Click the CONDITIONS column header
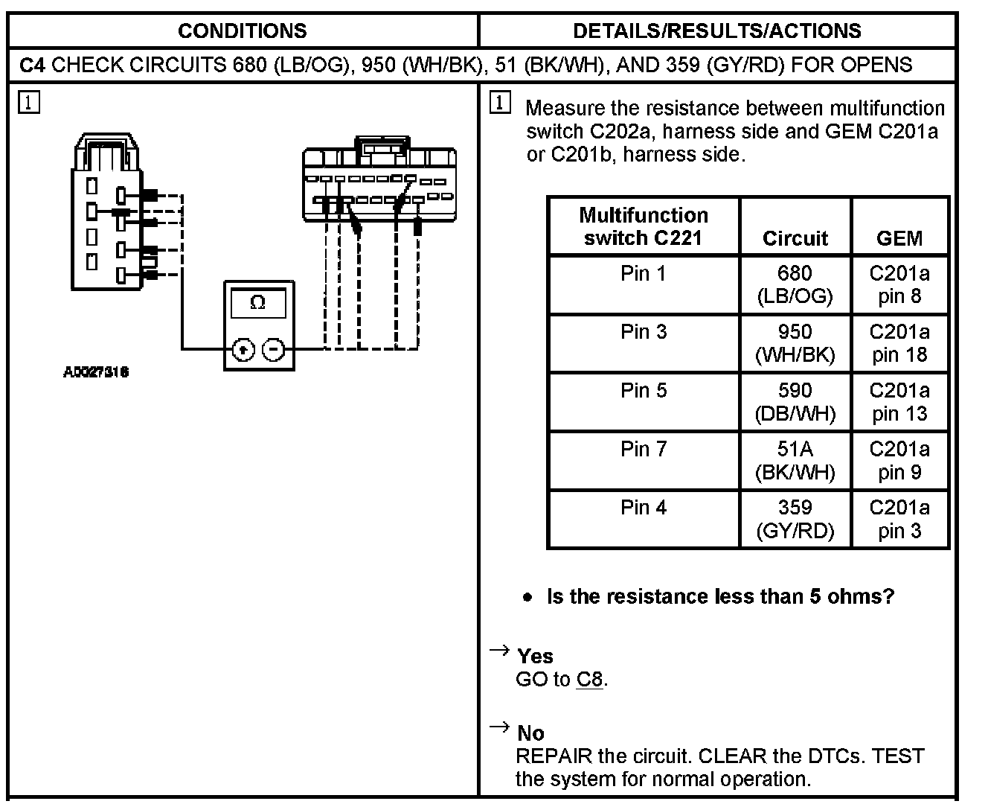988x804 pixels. pyautogui.click(x=242, y=31)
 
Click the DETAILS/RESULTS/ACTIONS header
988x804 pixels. pyautogui.click(x=717, y=31)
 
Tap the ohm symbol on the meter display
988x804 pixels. pyautogui.click(x=258, y=303)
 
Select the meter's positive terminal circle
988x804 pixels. pyautogui.click(x=244, y=349)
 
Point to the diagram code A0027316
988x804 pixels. pyautogui.click(x=95, y=372)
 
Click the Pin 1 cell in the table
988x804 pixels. pyautogui.click(x=644, y=274)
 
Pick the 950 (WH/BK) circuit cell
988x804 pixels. pyautogui.click(x=795, y=343)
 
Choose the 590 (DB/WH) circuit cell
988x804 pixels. pyautogui.click(x=795, y=402)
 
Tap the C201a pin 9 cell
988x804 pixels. pyautogui.click(x=899, y=461)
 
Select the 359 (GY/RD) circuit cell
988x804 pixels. pyautogui.click(x=795, y=519)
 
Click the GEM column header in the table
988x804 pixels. pyautogui.click(x=899, y=238)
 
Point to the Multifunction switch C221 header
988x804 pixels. pyautogui.click(x=644, y=226)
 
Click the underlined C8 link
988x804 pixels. pyautogui.click(x=589, y=680)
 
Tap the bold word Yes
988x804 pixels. pyautogui.click(x=535, y=656)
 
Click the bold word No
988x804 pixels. pyautogui.click(x=530, y=733)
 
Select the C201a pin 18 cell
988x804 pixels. pyautogui.click(x=899, y=343)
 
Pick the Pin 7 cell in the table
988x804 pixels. pyautogui.click(x=644, y=450)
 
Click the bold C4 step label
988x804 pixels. pyautogui.click(x=33, y=65)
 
